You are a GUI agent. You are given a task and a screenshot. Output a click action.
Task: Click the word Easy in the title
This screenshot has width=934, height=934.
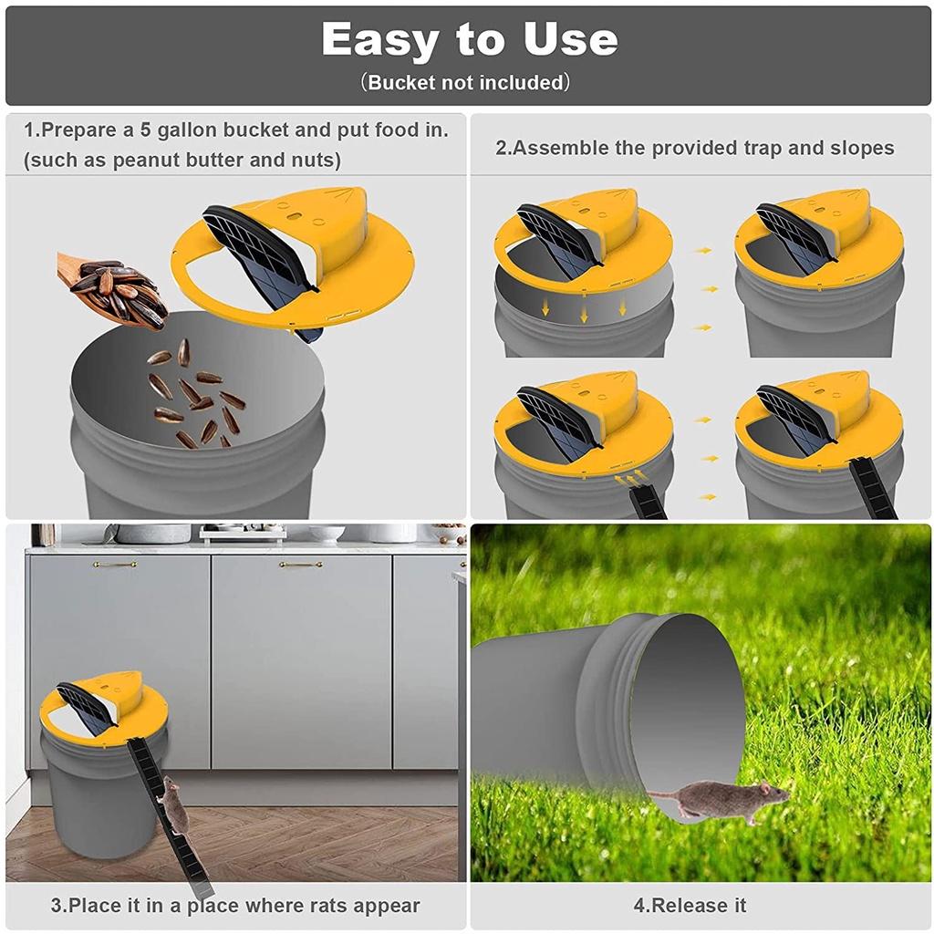(x=379, y=40)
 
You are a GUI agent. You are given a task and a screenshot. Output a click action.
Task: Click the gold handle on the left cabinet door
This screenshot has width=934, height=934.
(x=115, y=564)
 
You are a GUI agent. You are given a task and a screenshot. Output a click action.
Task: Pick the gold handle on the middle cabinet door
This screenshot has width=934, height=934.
(x=301, y=564)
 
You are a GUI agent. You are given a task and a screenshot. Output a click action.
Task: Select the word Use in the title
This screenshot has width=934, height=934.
(x=570, y=40)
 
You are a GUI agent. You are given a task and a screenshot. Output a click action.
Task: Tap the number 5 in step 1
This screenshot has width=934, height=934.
(x=146, y=130)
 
